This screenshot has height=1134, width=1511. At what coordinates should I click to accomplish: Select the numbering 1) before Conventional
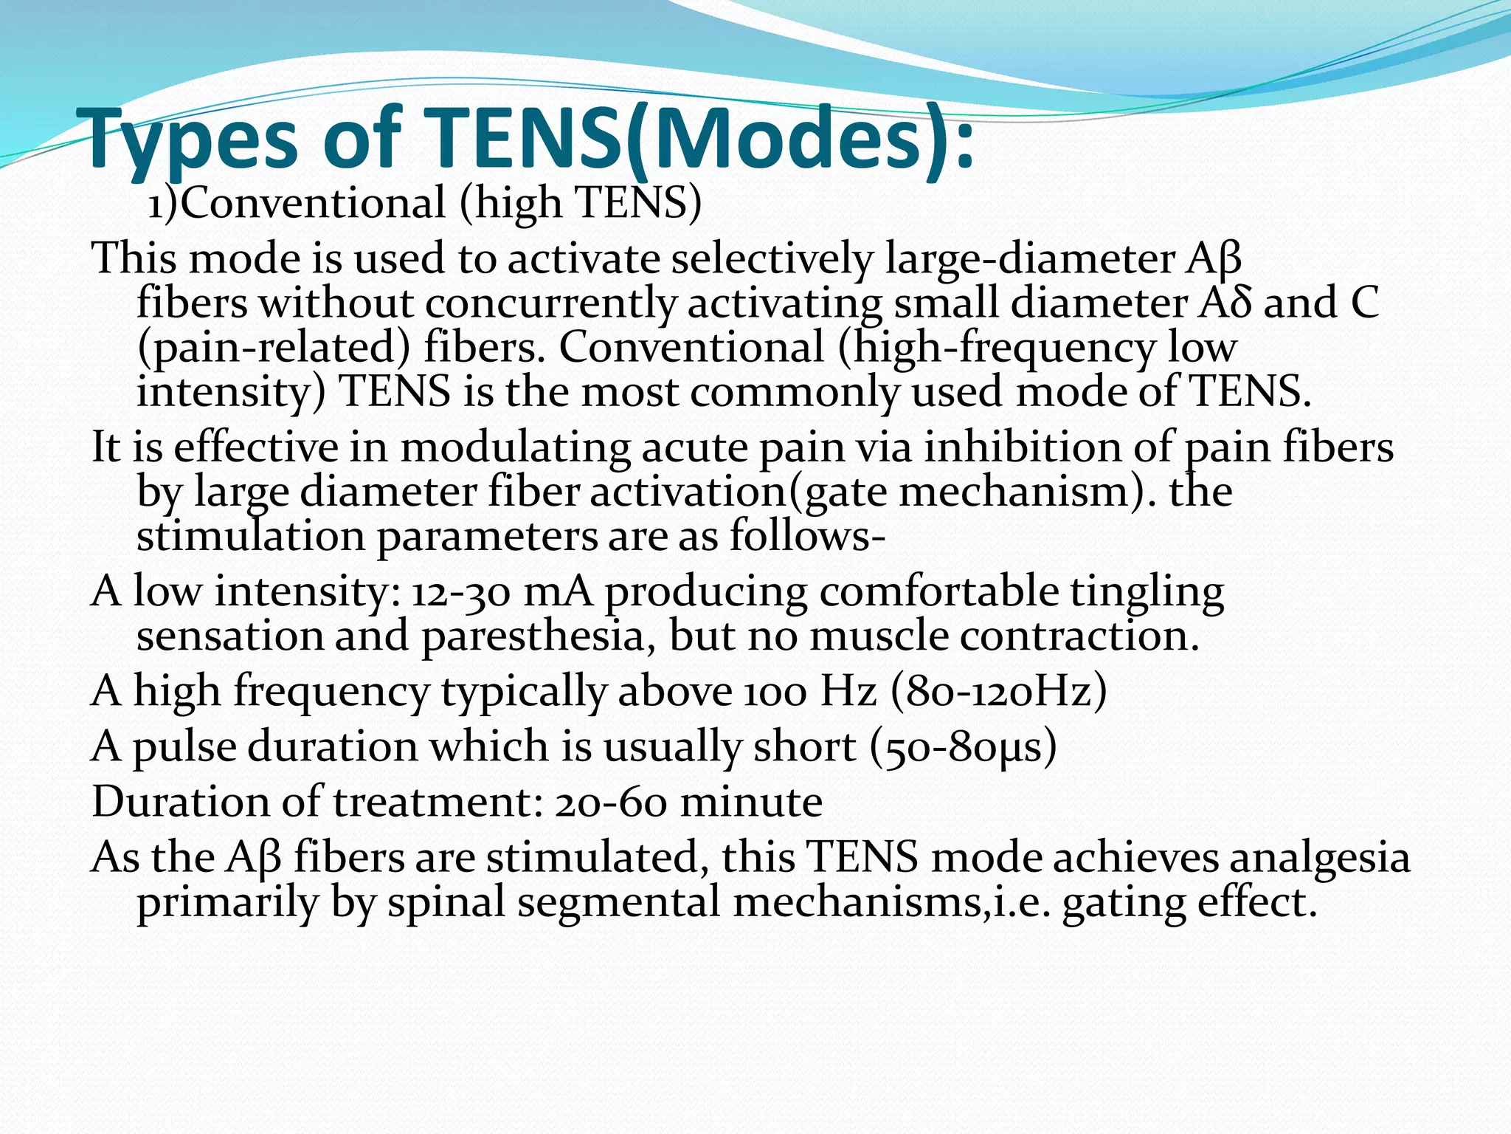pos(163,204)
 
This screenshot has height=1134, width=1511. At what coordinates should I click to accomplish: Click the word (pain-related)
pos(273,348)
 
